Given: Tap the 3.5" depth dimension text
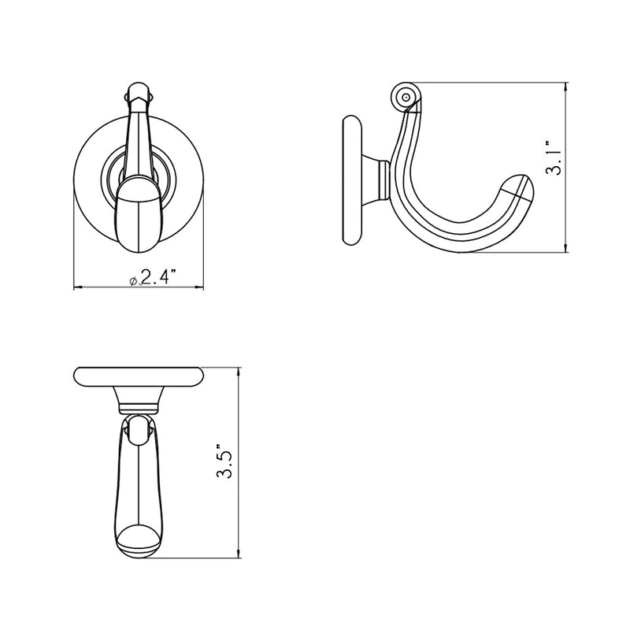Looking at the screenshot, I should (226, 463).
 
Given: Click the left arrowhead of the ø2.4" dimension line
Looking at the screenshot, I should (77, 287).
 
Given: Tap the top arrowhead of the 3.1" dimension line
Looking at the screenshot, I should (566, 84).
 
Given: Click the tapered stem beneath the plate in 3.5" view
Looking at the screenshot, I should (138, 401).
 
